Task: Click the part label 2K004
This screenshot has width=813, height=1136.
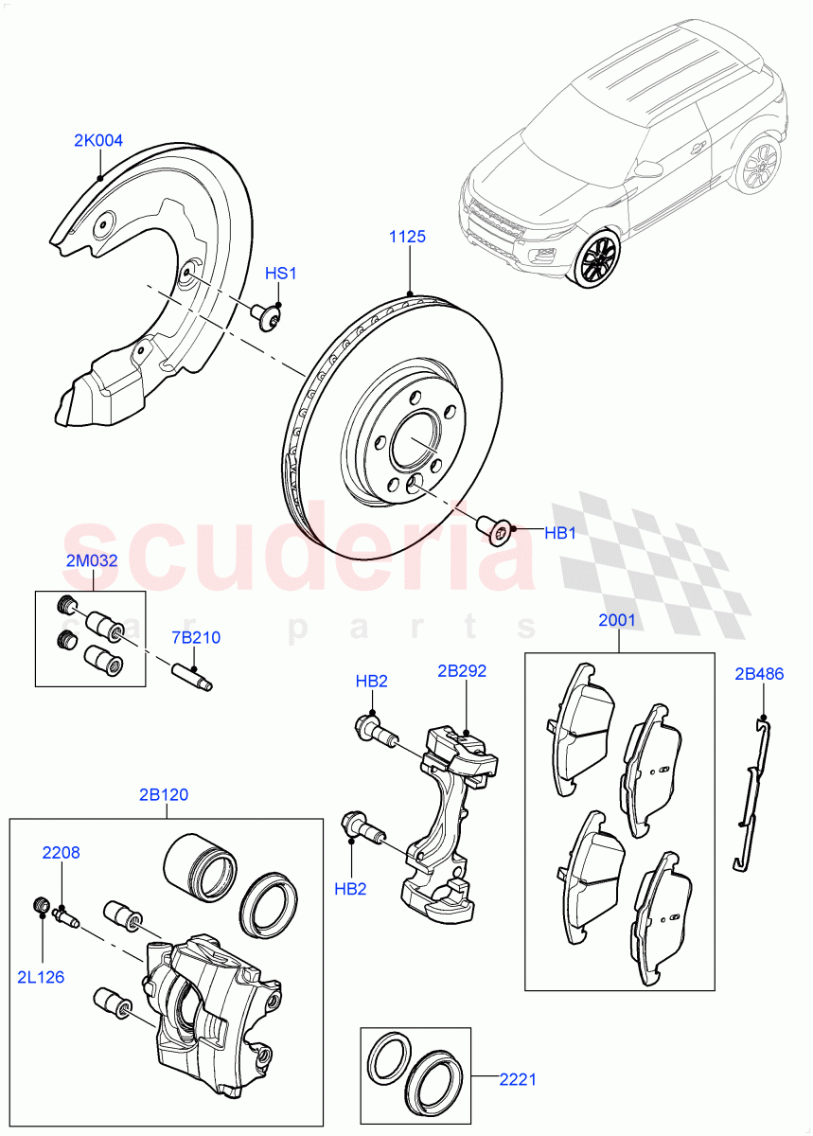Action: (98, 141)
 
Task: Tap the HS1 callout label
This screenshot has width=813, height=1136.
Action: (280, 274)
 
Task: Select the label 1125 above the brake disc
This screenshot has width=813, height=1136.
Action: (407, 237)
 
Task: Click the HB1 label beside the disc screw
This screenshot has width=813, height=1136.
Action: (560, 534)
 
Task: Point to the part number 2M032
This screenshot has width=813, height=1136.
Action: (92, 560)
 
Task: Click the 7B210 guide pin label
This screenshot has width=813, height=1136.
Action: (196, 637)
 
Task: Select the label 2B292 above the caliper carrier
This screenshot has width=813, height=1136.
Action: (462, 671)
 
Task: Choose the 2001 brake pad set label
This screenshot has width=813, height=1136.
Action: (617, 621)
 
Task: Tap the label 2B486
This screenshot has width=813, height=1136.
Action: (759, 674)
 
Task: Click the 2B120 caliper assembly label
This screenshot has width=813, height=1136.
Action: (163, 794)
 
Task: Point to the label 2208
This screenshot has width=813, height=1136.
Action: (61, 852)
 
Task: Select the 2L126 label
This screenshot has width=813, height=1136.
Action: (41, 976)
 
